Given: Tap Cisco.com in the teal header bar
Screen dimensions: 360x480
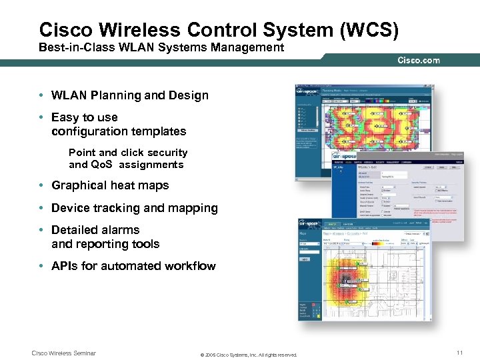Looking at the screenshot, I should click(x=419, y=61).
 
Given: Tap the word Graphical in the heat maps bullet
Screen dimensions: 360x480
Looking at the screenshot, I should click(x=79, y=185).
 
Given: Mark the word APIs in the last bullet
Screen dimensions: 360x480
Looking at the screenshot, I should click(x=65, y=266).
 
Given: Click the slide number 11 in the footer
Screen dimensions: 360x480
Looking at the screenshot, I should click(x=459, y=353).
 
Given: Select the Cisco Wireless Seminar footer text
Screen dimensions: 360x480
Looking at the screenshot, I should click(x=64, y=353).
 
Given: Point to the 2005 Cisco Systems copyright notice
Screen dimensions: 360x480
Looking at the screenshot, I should click(x=249, y=355).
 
